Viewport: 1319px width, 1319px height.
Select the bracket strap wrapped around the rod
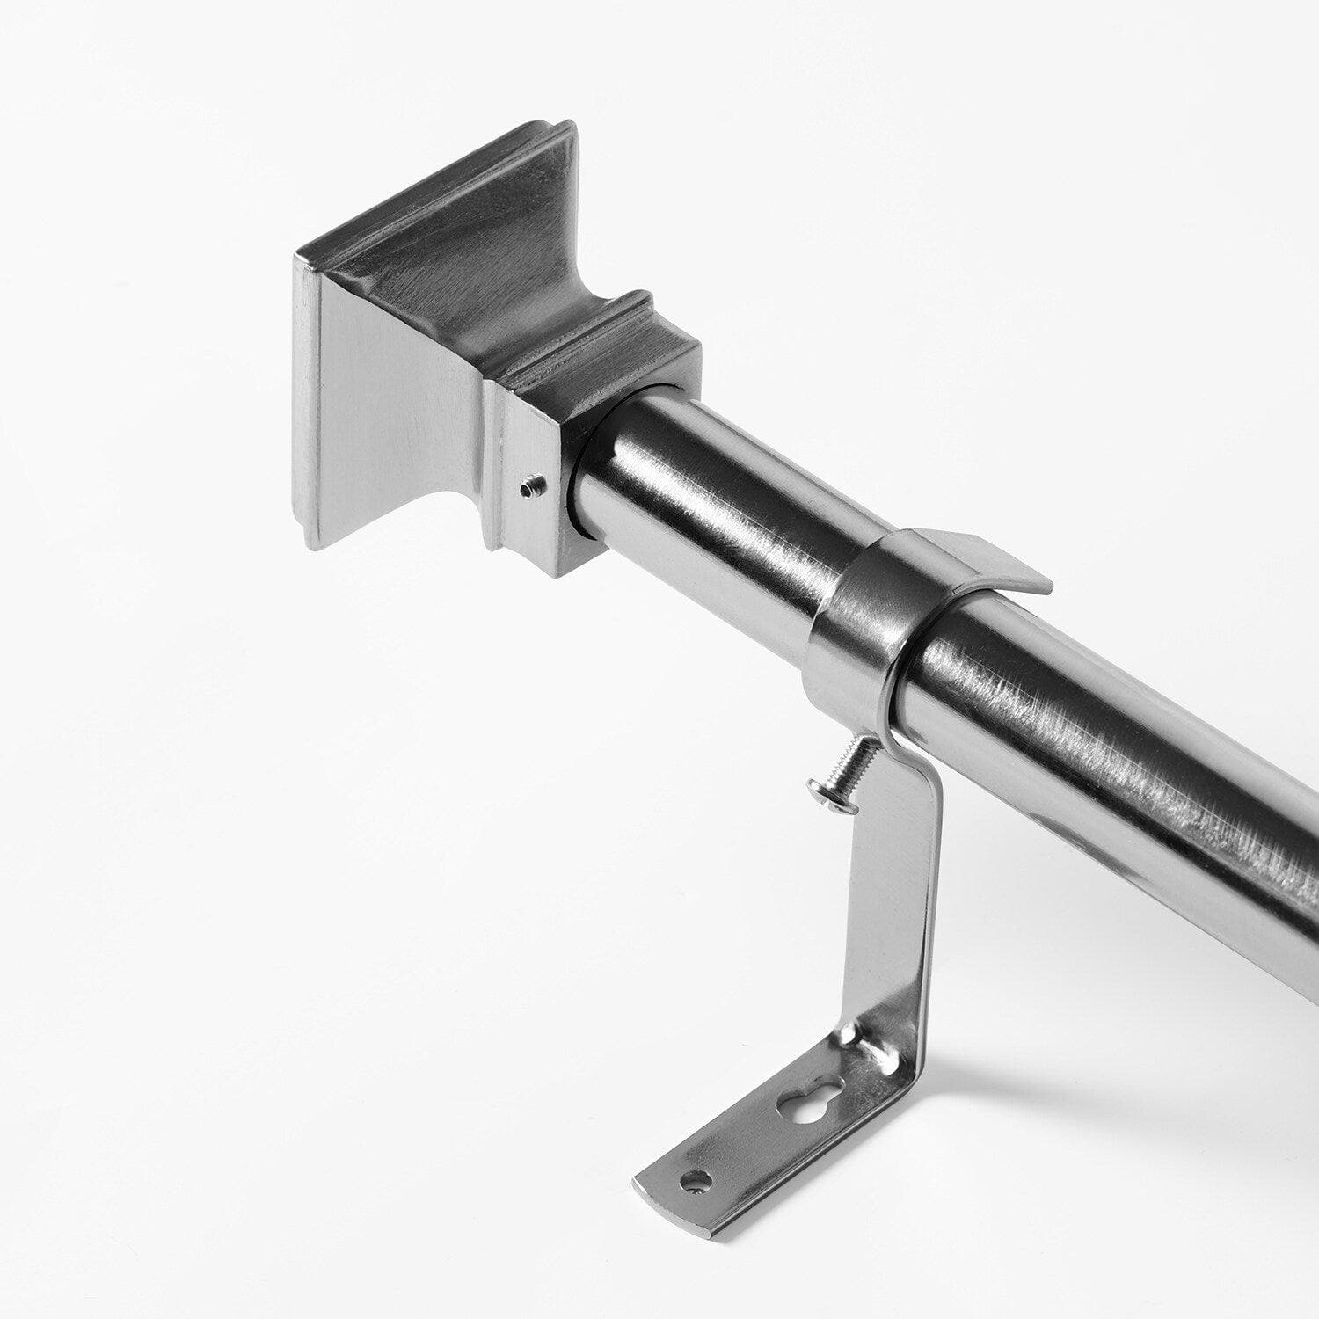[857, 633]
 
